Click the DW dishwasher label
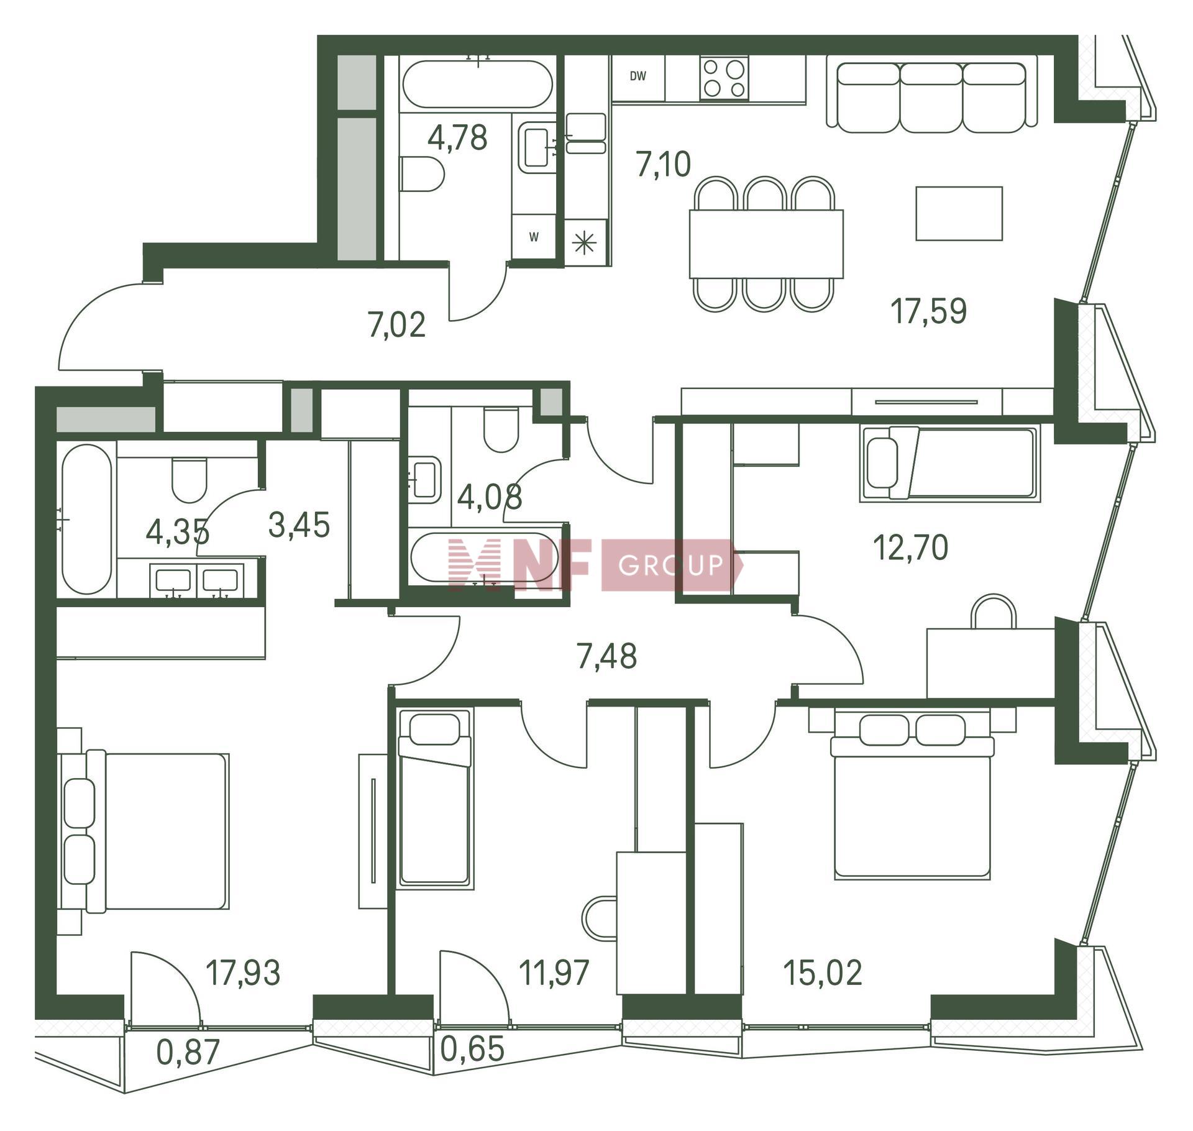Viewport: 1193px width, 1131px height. tap(638, 76)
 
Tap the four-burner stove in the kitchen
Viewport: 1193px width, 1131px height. tap(724, 78)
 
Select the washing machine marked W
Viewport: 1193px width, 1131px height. tap(534, 237)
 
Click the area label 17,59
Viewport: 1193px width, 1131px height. tap(929, 311)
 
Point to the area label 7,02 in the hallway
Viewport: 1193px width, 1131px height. tap(396, 325)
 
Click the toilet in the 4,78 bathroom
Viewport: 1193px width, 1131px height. tap(422, 174)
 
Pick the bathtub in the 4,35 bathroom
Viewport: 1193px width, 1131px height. tap(87, 519)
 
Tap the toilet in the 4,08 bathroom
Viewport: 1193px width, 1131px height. tap(500, 429)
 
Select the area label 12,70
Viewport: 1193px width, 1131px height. tap(910, 548)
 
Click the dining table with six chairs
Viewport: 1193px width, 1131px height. tap(766, 244)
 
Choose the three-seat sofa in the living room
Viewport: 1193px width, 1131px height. tap(931, 97)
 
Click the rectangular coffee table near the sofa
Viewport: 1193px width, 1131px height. tap(959, 213)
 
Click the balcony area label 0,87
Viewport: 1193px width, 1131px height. tap(188, 1052)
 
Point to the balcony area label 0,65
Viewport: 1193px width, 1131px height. tap(472, 1049)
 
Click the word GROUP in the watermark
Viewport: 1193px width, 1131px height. tap(671, 565)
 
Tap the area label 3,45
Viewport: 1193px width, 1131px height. tap(299, 526)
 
